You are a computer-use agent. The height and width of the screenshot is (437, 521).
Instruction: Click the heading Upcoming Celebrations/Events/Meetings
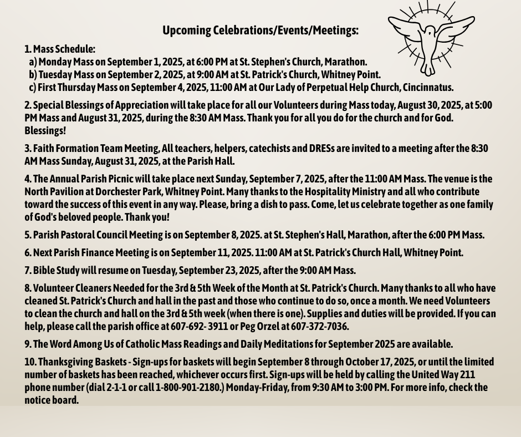coord(260,31)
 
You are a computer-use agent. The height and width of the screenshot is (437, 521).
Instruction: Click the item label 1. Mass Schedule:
coord(60,49)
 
